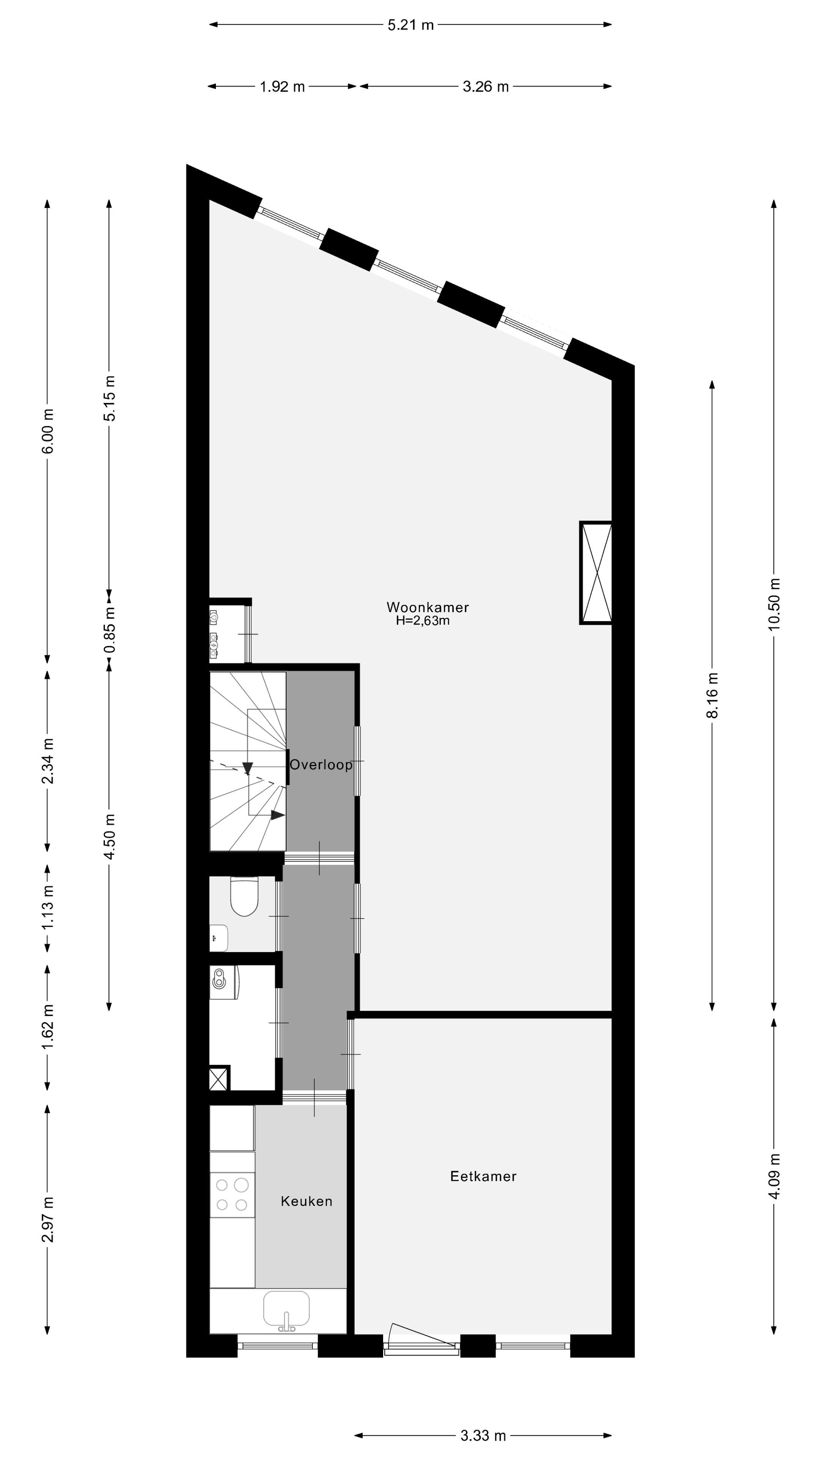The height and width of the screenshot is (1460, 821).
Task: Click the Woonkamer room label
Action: [x=427, y=607]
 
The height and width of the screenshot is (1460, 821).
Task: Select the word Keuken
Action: [x=306, y=1201]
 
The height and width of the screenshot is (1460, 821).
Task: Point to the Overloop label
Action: [x=321, y=765]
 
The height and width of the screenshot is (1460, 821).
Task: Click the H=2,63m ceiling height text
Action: [x=423, y=620]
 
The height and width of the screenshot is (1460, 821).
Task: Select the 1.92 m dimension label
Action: [x=282, y=87]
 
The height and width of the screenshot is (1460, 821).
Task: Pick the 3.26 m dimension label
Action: [x=486, y=87]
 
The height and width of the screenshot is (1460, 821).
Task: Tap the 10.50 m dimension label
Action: [x=775, y=604]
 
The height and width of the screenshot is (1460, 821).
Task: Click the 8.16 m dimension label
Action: [x=712, y=695]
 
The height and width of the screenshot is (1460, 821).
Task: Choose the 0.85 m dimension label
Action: [x=110, y=630]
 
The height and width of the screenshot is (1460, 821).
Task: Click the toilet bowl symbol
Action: [x=244, y=896]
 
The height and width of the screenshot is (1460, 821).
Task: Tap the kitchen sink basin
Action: [x=286, y=1309]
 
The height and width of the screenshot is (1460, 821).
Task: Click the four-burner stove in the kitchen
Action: [x=232, y=1195]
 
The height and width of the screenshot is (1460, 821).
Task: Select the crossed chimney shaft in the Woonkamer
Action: [x=596, y=573]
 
